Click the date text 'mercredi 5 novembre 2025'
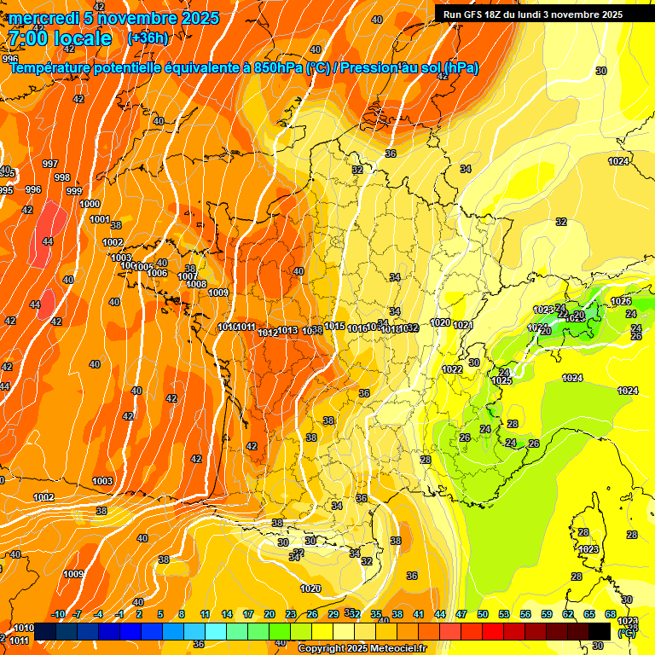click(x=115, y=18)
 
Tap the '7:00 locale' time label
click(x=60, y=39)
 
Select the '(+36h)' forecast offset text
click(x=148, y=38)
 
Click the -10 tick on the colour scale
click(x=58, y=614)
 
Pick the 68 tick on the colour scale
click(x=611, y=614)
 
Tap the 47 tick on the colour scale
click(x=461, y=614)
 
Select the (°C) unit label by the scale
click(x=627, y=633)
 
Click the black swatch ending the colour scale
click(x=600, y=631)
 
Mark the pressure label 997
click(x=50, y=164)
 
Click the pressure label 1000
click(x=90, y=204)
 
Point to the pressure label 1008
click(x=196, y=284)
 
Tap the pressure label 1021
click(x=463, y=325)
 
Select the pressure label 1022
click(x=453, y=369)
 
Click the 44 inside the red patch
click(x=48, y=241)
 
